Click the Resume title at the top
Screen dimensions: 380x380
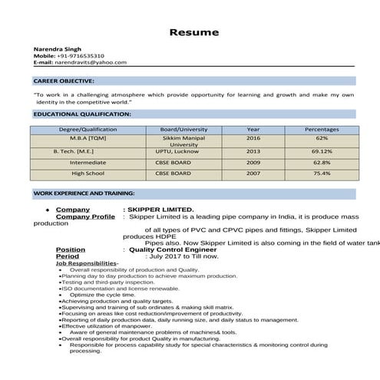tap(193, 32)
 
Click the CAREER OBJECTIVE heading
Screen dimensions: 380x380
tap(64, 81)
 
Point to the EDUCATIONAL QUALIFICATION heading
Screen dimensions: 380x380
tap(82, 114)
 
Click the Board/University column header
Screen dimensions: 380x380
tap(183, 129)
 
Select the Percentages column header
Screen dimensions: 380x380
tap(322, 129)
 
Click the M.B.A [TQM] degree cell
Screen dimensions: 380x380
tap(88, 138)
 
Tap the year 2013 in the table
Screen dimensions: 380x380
tap(253, 152)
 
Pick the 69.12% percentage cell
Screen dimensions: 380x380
tap(322, 152)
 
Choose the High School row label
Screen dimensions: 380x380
tap(88, 173)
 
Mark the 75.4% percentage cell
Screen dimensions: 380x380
tap(322, 173)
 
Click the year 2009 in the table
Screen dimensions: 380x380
tap(253, 163)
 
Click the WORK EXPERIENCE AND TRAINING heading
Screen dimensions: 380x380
tap(84, 193)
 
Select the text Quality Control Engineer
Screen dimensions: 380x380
tap(173, 249)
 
